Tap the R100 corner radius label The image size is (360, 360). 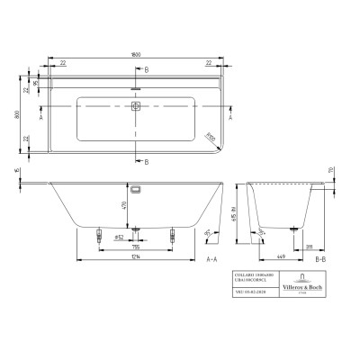click(x=210, y=137)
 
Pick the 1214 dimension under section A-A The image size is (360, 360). click(x=135, y=257)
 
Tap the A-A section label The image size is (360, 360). click(x=211, y=260)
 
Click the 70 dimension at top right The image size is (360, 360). click(x=331, y=170)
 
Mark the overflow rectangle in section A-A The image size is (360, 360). click(x=136, y=191)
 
